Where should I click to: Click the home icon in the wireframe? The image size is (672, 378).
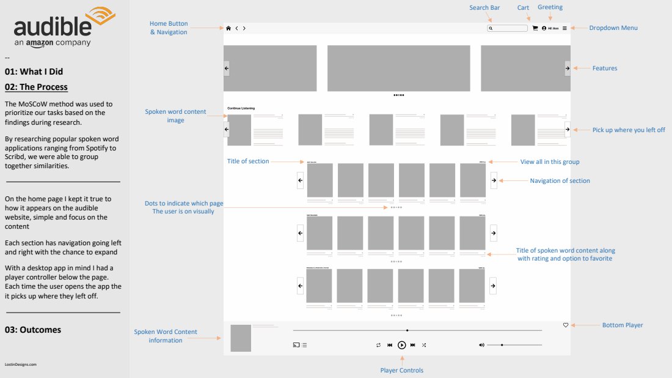pyautogui.click(x=228, y=28)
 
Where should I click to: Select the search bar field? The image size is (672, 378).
pyautogui.click(x=507, y=28)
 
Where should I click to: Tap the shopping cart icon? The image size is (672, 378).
pyautogui.click(x=535, y=28)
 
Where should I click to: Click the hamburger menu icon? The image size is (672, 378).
pyautogui.click(x=564, y=28)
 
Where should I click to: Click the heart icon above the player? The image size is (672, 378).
pyautogui.click(x=566, y=325)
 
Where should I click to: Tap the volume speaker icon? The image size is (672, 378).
pyautogui.click(x=481, y=345)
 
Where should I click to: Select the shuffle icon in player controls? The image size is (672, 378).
pyautogui.click(x=424, y=345)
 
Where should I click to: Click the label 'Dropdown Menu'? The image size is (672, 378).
pyautogui.click(x=612, y=28)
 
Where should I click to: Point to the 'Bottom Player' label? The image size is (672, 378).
pyautogui.click(x=623, y=325)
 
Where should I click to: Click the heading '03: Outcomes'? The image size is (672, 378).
pyautogui.click(x=33, y=330)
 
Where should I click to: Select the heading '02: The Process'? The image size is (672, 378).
pyautogui.click(x=36, y=87)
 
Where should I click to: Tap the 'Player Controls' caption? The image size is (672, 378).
pyautogui.click(x=401, y=370)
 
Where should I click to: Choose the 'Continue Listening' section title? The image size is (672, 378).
pyautogui.click(x=241, y=108)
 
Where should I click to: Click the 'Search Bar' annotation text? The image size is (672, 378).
pyautogui.click(x=484, y=8)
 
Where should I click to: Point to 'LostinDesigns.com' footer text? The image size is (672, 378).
pyautogui.click(x=21, y=364)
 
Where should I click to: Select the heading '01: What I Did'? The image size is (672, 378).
pyautogui.click(x=34, y=72)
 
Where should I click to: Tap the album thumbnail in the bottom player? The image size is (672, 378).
pyautogui.click(x=241, y=338)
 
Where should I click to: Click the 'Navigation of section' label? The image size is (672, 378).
pyautogui.click(x=560, y=180)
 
